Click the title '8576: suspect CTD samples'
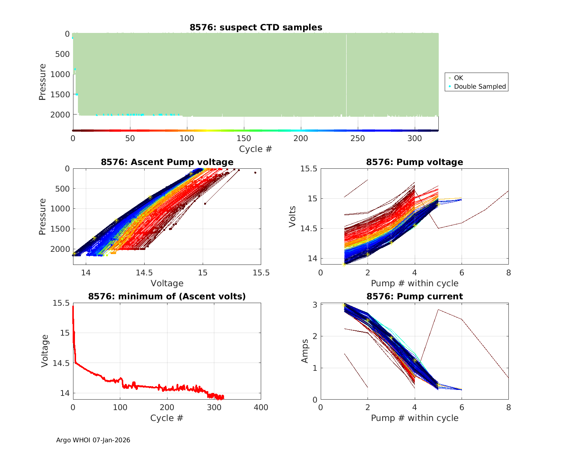(x=256, y=27)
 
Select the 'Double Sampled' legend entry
(x=480, y=86)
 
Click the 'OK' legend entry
(x=458, y=78)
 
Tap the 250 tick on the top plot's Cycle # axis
(x=357, y=138)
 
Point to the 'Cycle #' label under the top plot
(x=256, y=149)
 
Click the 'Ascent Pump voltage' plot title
(x=167, y=162)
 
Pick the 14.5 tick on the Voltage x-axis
(x=144, y=273)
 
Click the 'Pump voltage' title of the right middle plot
(x=414, y=162)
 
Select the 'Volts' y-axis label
(x=293, y=216)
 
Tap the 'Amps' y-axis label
(x=305, y=351)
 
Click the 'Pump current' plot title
(x=414, y=296)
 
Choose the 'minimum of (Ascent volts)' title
(x=167, y=296)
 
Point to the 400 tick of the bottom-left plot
(x=261, y=407)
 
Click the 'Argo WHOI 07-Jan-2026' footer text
(x=93, y=440)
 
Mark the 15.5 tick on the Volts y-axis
(x=309, y=169)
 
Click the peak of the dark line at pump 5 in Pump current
(x=438, y=309)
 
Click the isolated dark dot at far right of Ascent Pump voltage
(x=255, y=172)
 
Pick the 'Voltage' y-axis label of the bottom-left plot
(x=45, y=351)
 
